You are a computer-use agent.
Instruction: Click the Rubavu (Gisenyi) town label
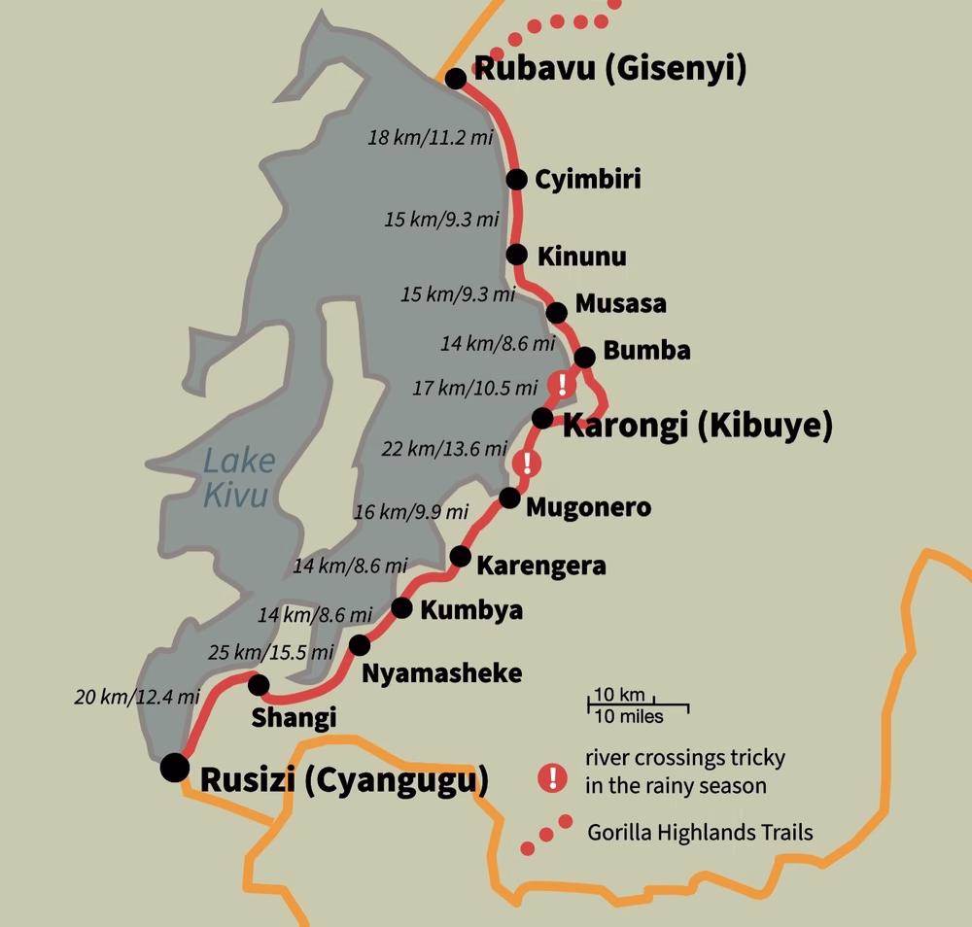[x=608, y=71]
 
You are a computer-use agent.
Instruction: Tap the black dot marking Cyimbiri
[x=517, y=179]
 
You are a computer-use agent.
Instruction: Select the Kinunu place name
[x=581, y=257]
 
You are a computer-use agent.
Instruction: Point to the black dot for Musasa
[x=556, y=312]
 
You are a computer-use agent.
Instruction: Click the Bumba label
[x=646, y=351]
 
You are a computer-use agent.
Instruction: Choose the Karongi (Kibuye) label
[x=698, y=426]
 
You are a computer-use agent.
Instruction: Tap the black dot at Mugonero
[x=508, y=498]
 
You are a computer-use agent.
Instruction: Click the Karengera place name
[x=541, y=566]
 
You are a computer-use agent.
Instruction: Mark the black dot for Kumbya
[x=401, y=608]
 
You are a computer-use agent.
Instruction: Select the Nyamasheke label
[x=441, y=672]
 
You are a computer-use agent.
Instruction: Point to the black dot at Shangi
[x=259, y=685]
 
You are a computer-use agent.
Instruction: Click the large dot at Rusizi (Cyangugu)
[x=175, y=767]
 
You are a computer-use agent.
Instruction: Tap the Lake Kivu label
[x=238, y=477]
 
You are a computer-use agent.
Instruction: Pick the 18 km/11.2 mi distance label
[x=431, y=138]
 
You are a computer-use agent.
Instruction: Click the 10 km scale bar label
[x=619, y=695]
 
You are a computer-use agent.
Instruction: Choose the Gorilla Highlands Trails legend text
[x=700, y=833]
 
